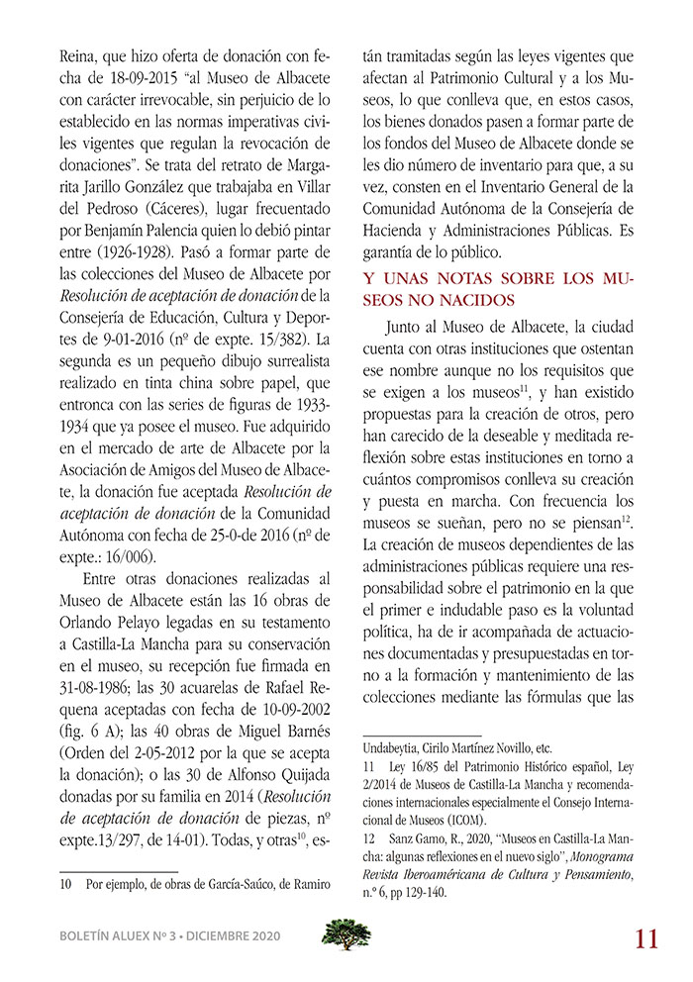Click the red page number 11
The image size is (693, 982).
[x=645, y=937]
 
